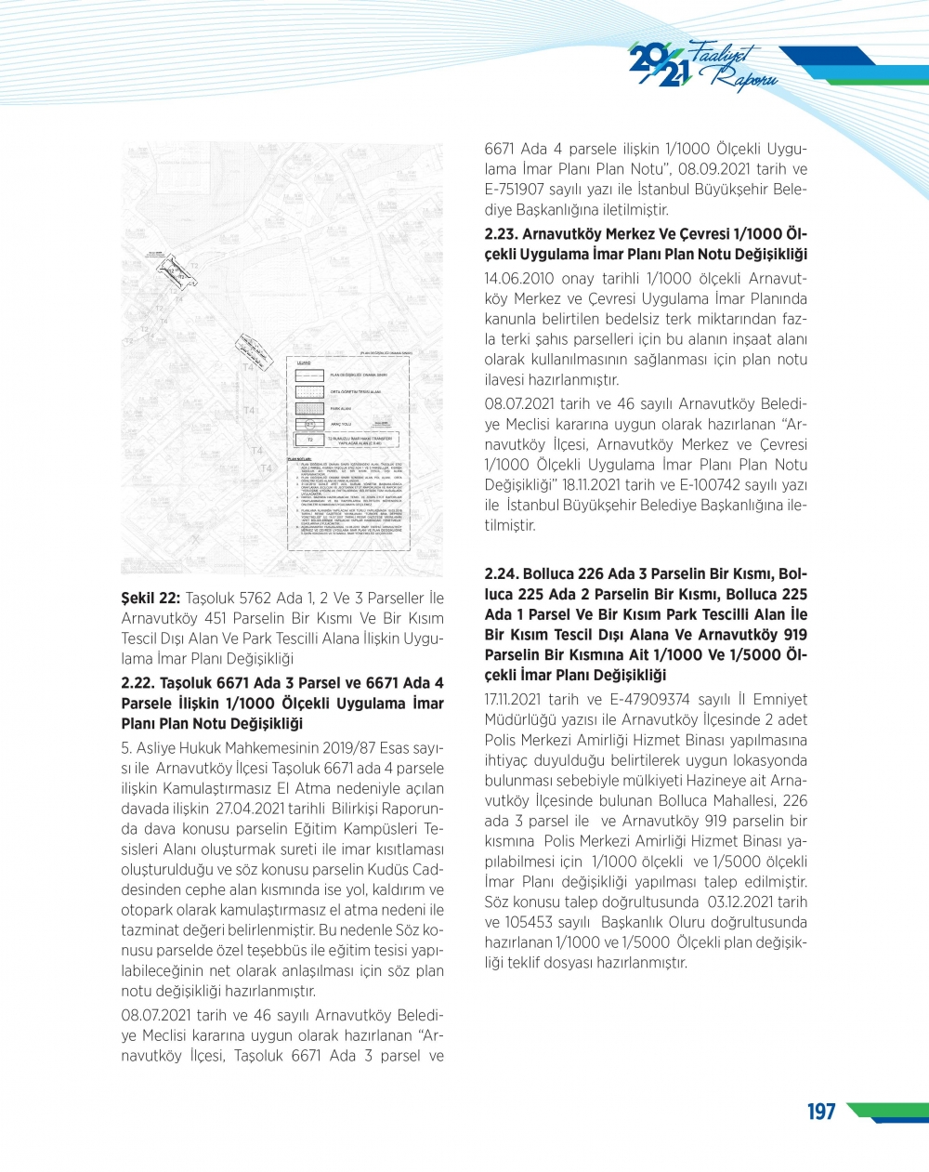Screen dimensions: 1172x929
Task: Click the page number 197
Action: (x=821, y=1112)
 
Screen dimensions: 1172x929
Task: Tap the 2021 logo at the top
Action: (x=658, y=65)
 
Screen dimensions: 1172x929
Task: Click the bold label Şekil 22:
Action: (x=150, y=598)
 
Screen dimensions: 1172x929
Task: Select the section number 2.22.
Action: (x=137, y=683)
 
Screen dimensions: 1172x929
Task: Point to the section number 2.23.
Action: (x=501, y=234)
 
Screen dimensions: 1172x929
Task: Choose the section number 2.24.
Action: (x=502, y=573)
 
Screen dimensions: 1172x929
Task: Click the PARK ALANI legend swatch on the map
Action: (x=309, y=408)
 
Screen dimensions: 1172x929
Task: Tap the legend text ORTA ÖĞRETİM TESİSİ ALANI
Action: (x=356, y=392)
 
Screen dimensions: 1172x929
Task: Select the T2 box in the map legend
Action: (x=309, y=440)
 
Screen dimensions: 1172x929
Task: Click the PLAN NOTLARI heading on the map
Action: (x=298, y=459)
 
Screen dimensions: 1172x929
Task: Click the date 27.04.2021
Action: (x=248, y=809)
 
